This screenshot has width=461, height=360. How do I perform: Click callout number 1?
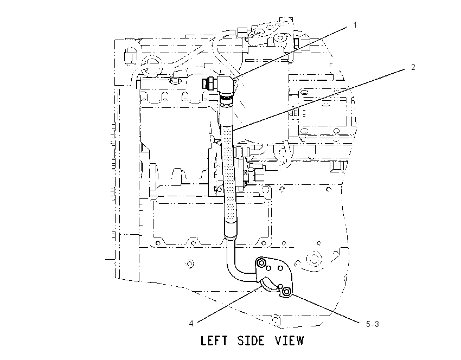(x=355, y=25)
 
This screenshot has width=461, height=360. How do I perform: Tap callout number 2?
(x=413, y=67)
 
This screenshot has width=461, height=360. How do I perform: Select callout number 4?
(x=191, y=324)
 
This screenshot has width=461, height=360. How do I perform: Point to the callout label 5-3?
(x=372, y=324)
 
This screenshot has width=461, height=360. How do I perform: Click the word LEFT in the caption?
(x=214, y=340)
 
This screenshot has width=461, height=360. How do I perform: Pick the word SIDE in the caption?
(x=251, y=340)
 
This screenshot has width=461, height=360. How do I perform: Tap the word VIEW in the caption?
(x=289, y=340)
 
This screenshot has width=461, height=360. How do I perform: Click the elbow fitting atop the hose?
(x=226, y=86)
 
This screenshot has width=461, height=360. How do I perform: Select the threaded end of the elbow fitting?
(x=205, y=83)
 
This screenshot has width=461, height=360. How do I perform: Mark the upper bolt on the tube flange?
(x=261, y=263)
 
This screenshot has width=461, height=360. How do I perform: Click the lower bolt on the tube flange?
(x=286, y=292)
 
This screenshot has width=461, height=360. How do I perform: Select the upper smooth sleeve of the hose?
(x=226, y=114)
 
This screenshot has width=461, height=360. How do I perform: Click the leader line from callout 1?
(x=291, y=52)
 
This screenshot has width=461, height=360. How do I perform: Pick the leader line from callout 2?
(x=319, y=99)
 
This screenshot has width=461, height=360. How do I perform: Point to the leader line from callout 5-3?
(x=324, y=308)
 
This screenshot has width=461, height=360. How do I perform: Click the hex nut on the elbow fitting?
(x=213, y=83)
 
